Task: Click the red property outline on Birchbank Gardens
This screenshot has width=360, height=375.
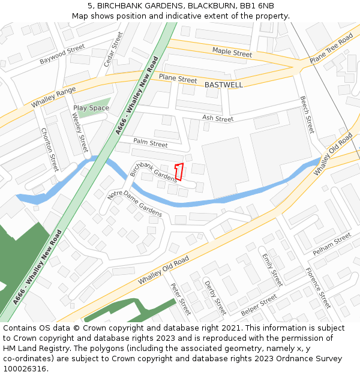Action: click(178, 172)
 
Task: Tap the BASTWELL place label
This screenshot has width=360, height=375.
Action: click(224, 85)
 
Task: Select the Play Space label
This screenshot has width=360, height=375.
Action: click(91, 108)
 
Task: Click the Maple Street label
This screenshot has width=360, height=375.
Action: click(232, 53)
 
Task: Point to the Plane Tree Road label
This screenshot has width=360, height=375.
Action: click(331, 50)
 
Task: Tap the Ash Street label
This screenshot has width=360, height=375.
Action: click(218, 119)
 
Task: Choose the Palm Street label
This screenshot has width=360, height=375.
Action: click(151, 143)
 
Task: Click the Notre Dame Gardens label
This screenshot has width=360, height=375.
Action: click(134, 204)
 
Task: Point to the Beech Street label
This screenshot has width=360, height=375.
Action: click(307, 115)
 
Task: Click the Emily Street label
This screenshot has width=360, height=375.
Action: click(272, 269)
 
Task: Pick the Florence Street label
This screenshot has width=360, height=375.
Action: click(318, 287)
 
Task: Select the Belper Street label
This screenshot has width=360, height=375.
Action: click(259, 305)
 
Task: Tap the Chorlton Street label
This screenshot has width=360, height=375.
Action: click(50, 149)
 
